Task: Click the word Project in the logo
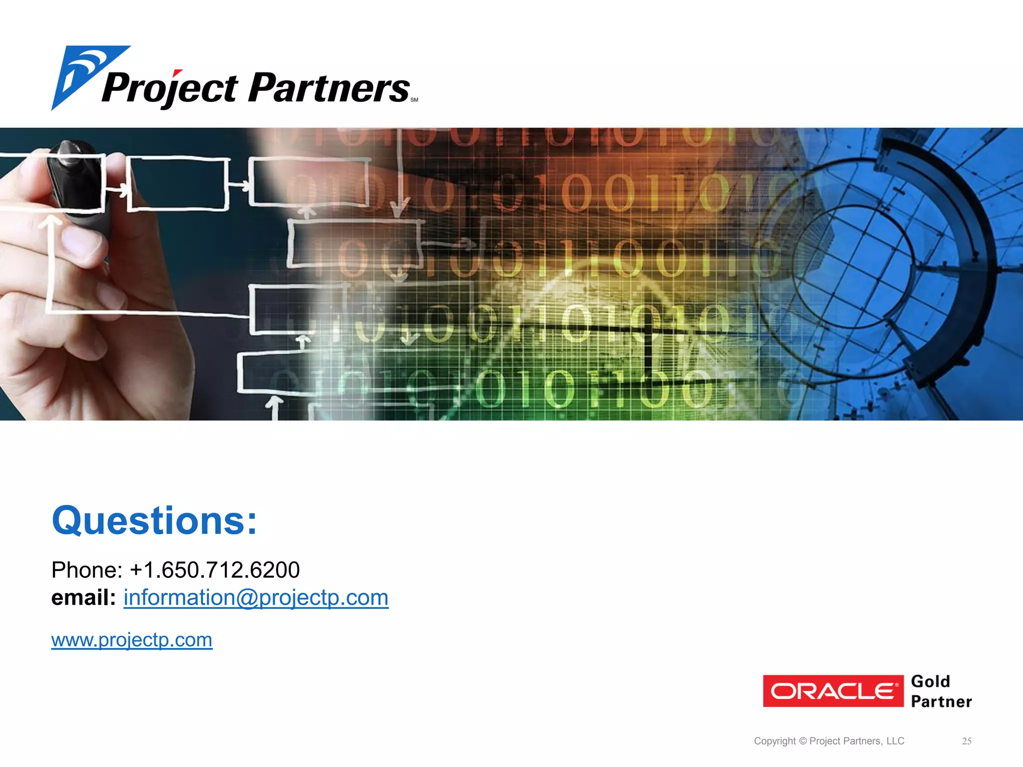click(170, 89)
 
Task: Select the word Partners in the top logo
click(329, 88)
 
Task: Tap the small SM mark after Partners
click(414, 100)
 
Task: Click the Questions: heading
click(154, 520)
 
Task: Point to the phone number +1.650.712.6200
click(215, 570)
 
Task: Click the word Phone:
click(87, 570)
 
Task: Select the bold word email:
click(83, 597)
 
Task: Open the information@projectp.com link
click(256, 598)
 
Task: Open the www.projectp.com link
click(132, 640)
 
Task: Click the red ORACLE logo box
click(833, 691)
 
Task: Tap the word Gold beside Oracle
click(930, 682)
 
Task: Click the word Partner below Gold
click(941, 702)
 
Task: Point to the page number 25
click(967, 741)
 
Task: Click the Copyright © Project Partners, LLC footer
click(829, 741)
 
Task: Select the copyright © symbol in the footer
click(803, 741)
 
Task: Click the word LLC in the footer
click(895, 741)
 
